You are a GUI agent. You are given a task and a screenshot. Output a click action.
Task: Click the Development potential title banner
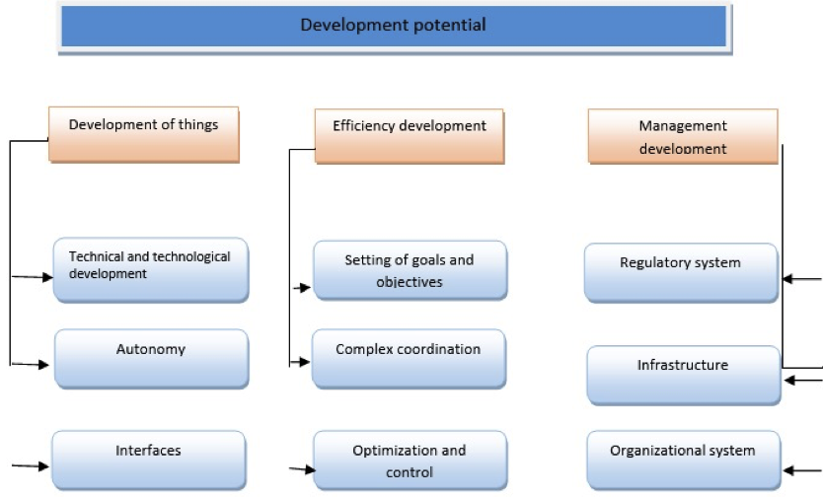tap(394, 27)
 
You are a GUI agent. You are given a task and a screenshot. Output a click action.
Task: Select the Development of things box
tap(144, 135)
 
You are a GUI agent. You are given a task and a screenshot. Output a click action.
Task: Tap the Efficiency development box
tap(410, 136)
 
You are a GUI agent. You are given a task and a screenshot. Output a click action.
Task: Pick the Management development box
tap(683, 136)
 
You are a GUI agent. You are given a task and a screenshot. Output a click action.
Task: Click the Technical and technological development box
tap(151, 270)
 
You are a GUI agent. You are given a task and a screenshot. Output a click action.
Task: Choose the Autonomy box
tap(152, 359)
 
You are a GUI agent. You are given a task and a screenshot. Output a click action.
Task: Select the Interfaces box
tap(149, 461)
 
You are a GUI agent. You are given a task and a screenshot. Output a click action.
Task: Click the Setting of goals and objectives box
tap(410, 270)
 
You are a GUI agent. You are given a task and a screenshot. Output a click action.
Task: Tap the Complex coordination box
tap(409, 359)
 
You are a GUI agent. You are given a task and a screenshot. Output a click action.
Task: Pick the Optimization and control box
tap(410, 461)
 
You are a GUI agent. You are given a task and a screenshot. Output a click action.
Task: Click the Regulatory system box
tap(681, 272)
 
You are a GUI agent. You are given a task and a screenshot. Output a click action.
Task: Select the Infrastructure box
tap(684, 376)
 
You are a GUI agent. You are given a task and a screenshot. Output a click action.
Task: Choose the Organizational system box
tap(684, 461)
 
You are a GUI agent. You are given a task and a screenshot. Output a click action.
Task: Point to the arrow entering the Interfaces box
tap(31, 465)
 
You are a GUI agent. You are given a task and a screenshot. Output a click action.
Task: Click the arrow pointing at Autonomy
tap(31, 364)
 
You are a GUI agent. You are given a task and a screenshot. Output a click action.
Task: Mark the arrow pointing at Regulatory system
tap(802, 279)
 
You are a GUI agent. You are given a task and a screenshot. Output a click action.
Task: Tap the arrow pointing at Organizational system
tap(802, 470)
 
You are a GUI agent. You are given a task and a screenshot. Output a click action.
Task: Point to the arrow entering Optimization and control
tap(302, 469)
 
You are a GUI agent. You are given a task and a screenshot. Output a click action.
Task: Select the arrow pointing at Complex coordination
tap(300, 362)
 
